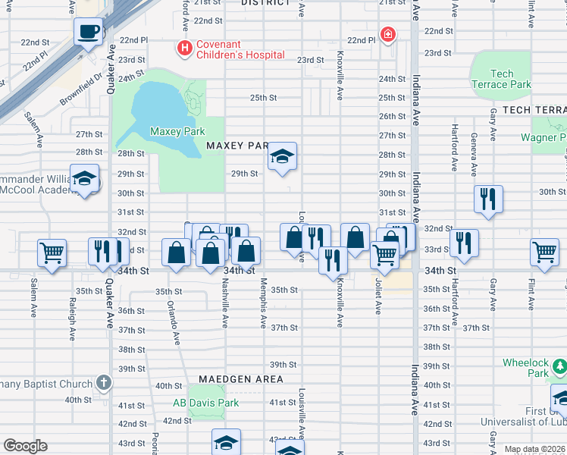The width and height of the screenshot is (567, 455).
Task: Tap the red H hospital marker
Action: [x=183, y=49]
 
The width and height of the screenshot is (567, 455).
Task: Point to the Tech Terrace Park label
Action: [x=501, y=79]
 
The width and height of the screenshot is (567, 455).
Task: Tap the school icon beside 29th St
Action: [x=282, y=157]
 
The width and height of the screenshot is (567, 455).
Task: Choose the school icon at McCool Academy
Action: [x=84, y=179]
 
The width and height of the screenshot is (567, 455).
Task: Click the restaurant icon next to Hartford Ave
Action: [x=464, y=243]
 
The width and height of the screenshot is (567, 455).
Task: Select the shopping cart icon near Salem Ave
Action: [x=52, y=253]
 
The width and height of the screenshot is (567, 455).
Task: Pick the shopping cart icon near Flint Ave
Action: [x=545, y=253]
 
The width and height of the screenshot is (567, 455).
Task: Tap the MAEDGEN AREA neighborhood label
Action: [x=241, y=378]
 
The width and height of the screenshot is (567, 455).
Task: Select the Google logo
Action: [x=25, y=446]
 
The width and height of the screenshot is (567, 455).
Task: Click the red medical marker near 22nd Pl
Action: [x=388, y=35]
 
